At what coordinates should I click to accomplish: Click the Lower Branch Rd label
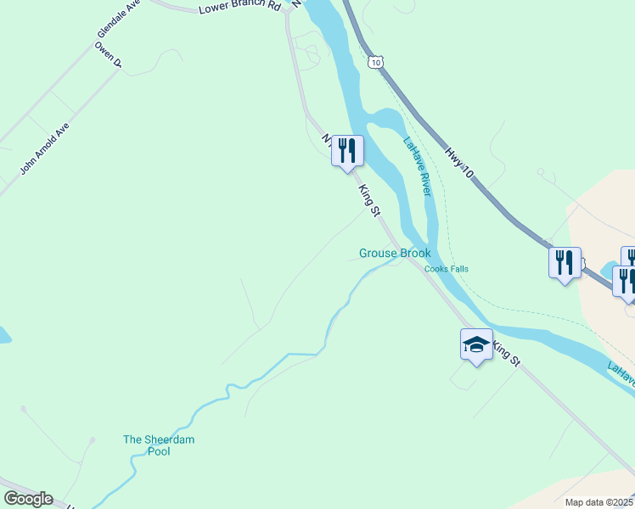tap(239, 8)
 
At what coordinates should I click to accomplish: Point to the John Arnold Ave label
tap(45, 148)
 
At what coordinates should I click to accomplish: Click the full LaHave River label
tap(418, 167)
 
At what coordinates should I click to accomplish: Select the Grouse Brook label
tap(395, 253)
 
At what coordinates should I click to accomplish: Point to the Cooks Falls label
tap(447, 269)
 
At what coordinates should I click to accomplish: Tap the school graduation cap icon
tap(476, 344)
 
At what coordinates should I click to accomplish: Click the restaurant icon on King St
tap(347, 151)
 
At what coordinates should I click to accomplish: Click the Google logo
tap(28, 499)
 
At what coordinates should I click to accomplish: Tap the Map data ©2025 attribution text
tap(599, 502)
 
